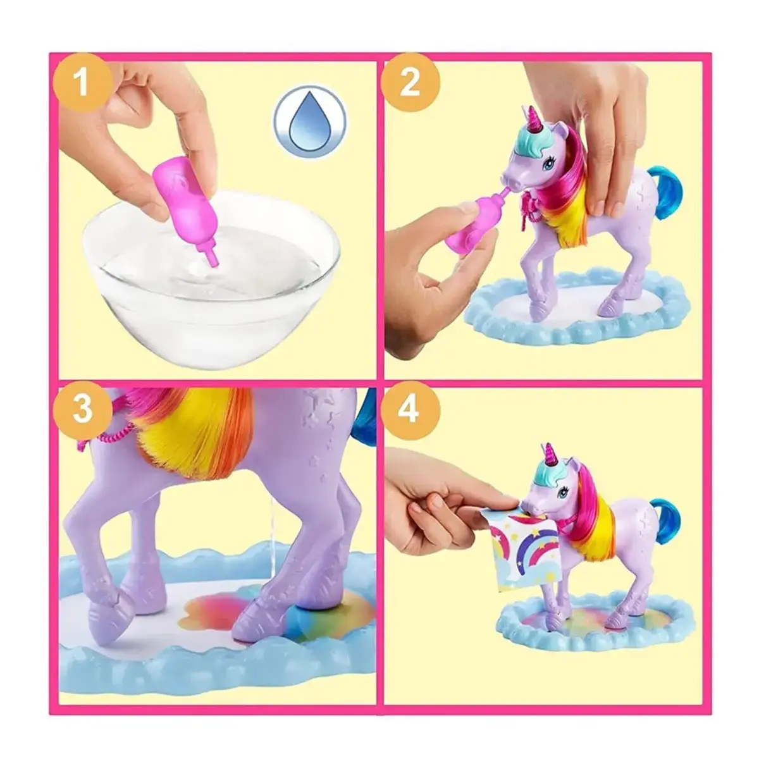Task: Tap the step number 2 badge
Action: pos(410,83)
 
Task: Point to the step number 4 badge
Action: pos(409,410)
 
